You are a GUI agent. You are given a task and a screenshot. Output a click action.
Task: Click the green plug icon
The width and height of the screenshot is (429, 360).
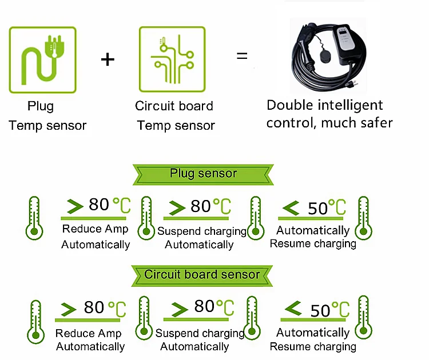(42, 59)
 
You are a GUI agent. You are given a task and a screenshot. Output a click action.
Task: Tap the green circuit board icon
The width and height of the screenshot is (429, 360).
(172, 59)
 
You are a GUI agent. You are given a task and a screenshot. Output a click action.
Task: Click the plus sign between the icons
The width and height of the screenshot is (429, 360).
(108, 59)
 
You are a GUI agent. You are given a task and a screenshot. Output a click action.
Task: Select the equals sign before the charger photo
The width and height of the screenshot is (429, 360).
(243, 57)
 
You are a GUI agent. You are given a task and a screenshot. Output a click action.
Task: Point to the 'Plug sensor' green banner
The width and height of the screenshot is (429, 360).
(203, 174)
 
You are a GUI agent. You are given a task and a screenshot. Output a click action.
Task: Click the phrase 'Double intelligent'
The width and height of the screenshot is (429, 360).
(324, 105)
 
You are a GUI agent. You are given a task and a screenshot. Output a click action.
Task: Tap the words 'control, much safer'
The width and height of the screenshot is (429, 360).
(329, 122)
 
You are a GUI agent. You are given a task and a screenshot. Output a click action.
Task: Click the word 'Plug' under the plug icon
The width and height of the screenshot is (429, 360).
(41, 106)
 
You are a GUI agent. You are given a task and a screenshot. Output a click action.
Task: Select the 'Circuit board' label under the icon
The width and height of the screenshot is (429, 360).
(174, 106)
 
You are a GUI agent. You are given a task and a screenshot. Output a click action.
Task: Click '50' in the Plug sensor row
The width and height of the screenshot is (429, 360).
(317, 209)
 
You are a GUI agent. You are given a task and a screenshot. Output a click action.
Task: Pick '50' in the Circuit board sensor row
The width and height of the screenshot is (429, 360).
(320, 310)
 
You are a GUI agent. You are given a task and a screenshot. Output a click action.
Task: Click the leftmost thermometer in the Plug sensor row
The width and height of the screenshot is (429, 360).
(34, 218)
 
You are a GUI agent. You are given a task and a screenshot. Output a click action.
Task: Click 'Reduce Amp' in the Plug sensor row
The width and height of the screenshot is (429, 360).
(96, 229)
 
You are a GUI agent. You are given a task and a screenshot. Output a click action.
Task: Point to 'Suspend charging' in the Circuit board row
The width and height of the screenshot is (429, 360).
(200, 333)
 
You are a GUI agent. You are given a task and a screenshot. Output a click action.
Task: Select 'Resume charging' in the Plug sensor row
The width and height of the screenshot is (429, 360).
(313, 244)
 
